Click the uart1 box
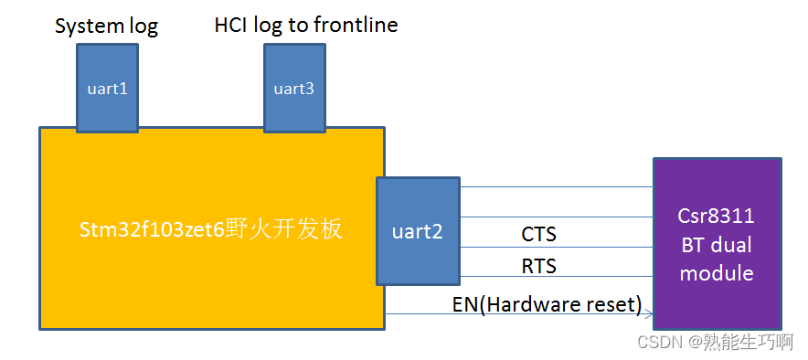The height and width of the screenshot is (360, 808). point(107,88)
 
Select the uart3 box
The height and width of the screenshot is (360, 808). point(294,88)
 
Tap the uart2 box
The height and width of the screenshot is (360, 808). point(418,231)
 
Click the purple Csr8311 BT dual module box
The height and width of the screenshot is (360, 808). point(718,244)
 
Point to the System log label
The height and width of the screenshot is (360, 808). point(107,26)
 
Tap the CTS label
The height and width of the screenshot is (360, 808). point(538,234)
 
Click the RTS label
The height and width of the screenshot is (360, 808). point(538,266)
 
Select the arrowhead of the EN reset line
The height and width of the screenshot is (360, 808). point(650,313)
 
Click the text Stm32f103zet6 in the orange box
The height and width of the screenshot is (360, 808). point(153,230)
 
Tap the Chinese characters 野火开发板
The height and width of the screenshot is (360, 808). point(284,229)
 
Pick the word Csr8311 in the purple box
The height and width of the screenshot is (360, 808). point(717,216)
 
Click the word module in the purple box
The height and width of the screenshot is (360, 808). point(717,272)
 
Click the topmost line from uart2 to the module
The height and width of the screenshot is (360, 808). point(557,187)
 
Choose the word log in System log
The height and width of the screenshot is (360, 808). point(144,27)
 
